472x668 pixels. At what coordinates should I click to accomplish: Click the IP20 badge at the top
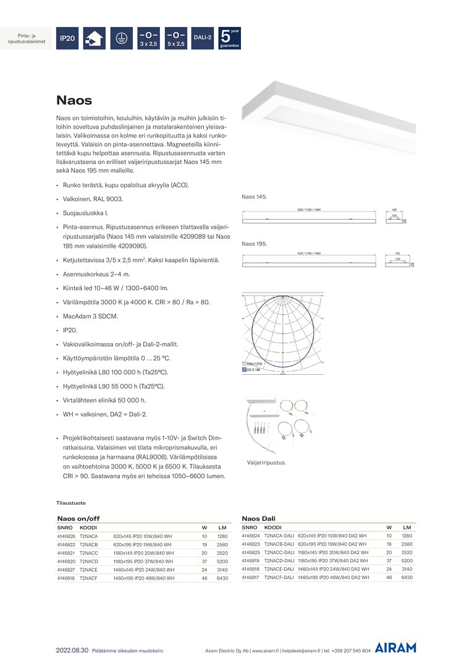[67, 38]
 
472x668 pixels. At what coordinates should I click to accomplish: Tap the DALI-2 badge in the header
[203, 38]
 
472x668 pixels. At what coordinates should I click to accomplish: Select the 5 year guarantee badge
[230, 38]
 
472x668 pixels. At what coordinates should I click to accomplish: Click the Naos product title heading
[74, 100]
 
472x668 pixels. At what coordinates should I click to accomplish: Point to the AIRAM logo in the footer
[395, 648]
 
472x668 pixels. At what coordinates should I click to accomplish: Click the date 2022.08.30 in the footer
[72, 650]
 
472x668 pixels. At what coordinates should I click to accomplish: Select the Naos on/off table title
[78, 518]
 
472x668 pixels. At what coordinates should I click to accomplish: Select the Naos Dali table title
[258, 518]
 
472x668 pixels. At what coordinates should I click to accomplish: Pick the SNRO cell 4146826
[66, 536]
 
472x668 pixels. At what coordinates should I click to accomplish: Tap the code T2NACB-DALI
[279, 544]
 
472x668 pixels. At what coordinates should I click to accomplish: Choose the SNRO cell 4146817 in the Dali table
[251, 577]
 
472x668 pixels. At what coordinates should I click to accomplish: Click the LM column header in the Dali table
[407, 527]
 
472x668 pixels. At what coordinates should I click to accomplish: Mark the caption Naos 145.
[254, 197]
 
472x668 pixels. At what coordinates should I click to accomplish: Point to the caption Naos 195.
[254, 244]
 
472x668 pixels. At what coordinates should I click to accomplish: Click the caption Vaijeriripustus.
[266, 462]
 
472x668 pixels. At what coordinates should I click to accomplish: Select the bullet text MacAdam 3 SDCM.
[90, 316]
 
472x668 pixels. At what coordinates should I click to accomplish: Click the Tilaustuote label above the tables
[71, 503]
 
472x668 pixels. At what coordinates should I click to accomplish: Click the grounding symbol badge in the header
[122, 38]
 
